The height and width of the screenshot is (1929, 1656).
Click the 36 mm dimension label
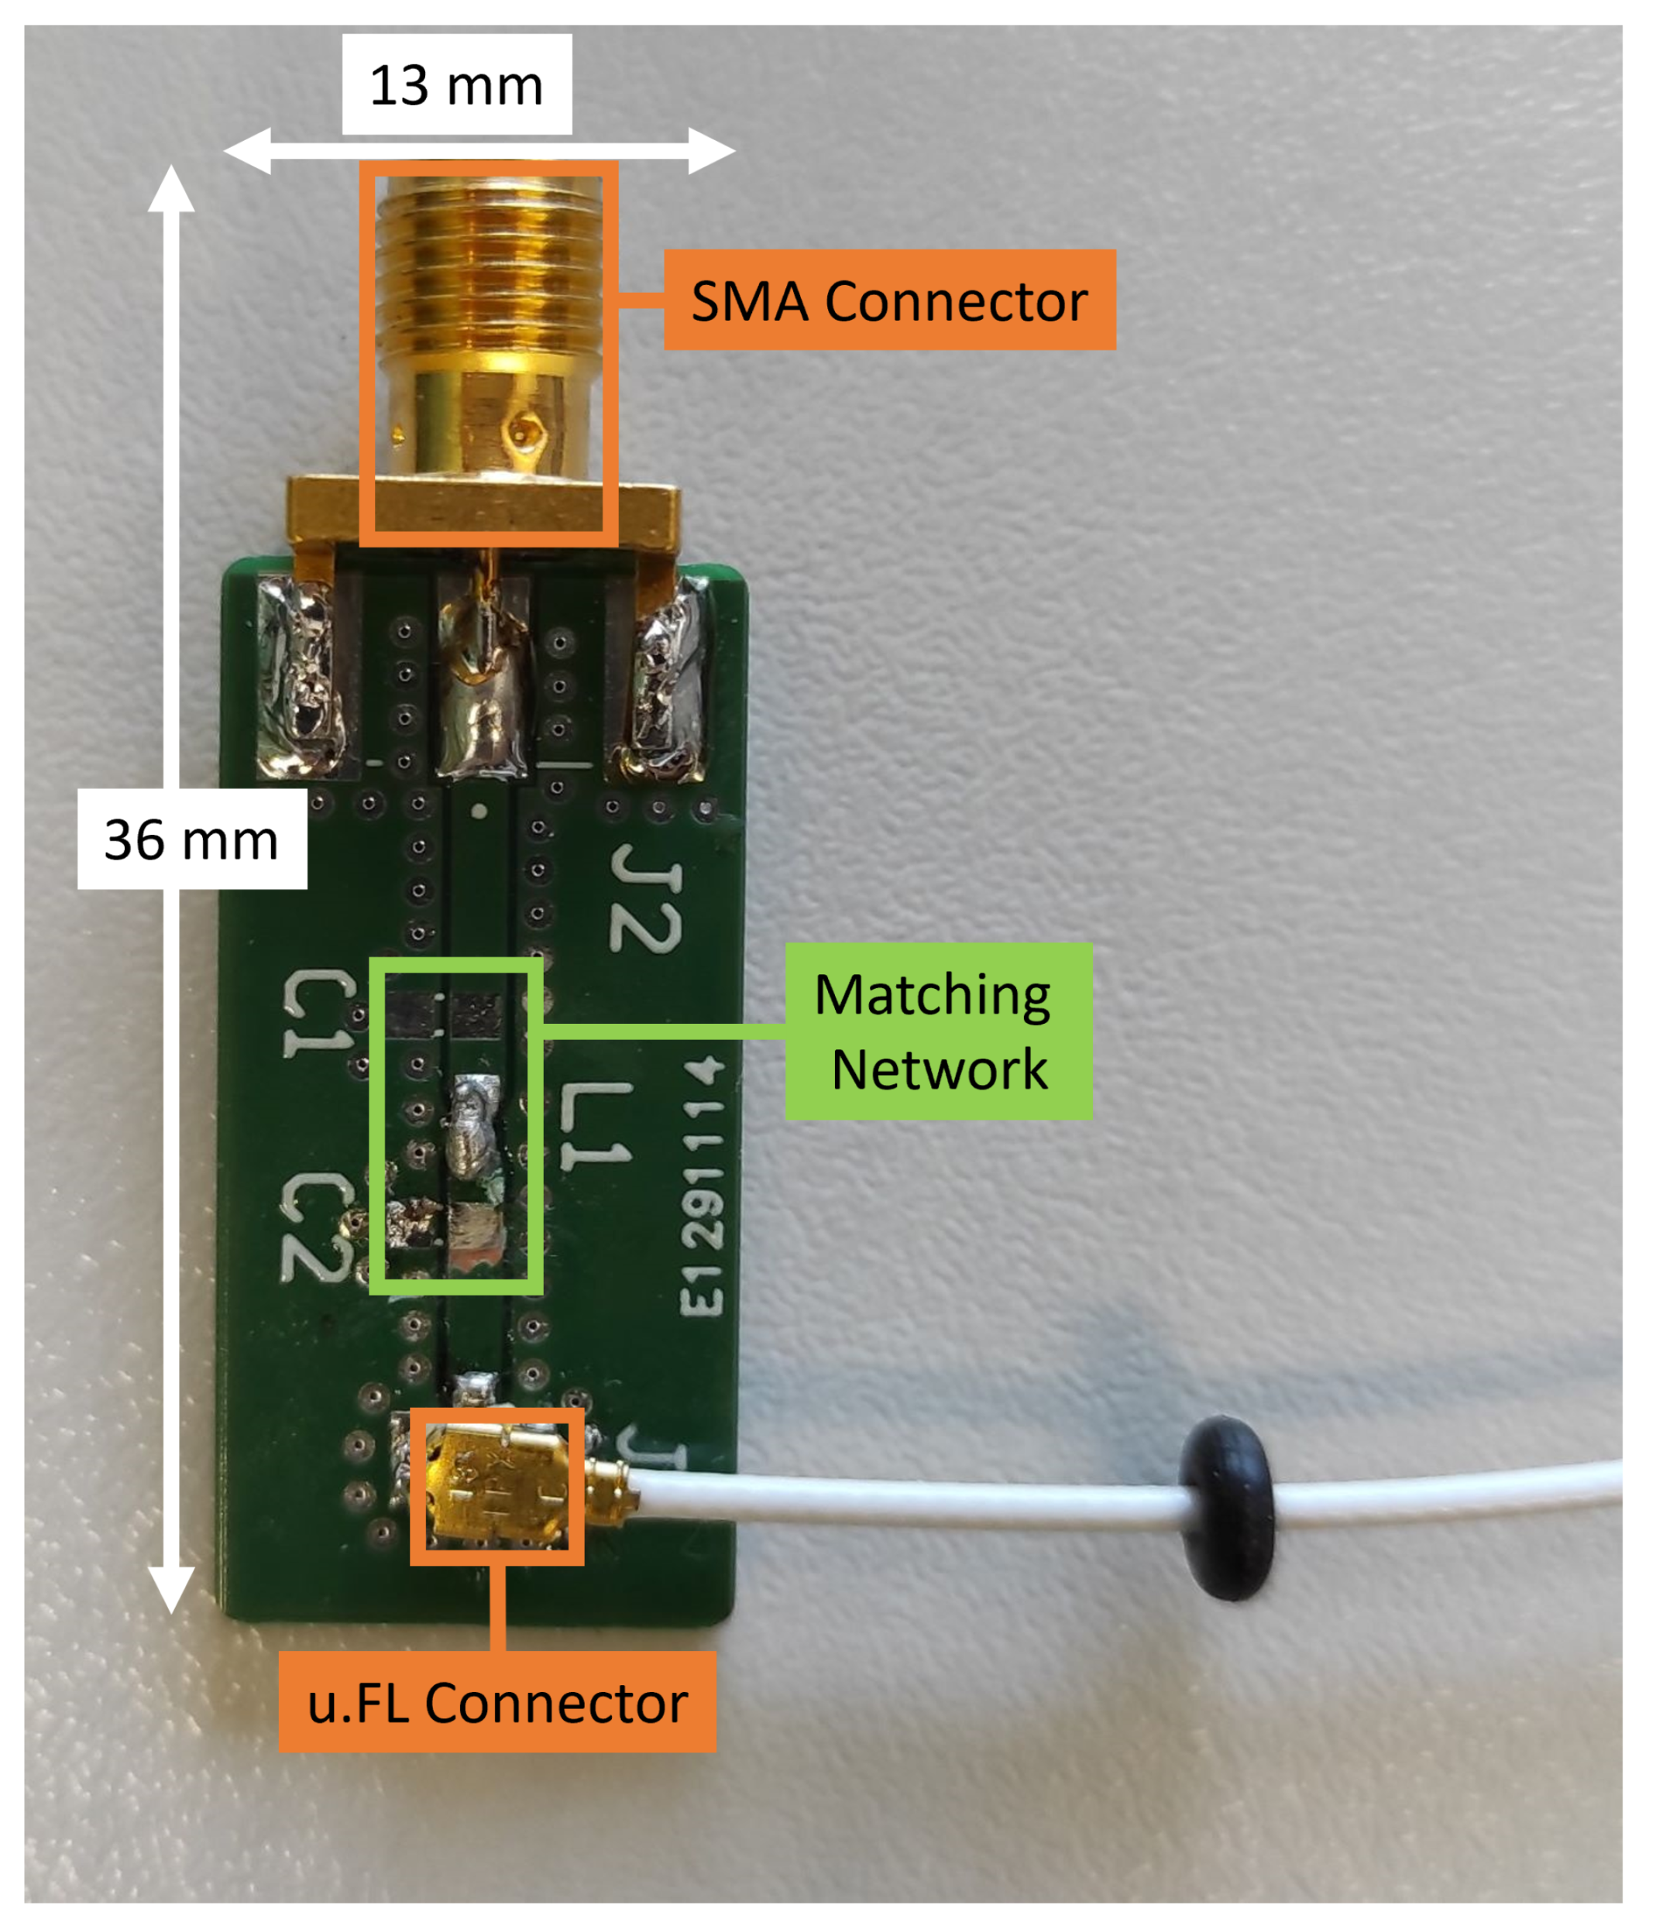pyautogui.click(x=192, y=839)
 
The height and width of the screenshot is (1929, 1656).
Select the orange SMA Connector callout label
pyautogui.click(x=889, y=300)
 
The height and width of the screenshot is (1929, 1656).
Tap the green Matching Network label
pyautogui.click(x=938, y=1031)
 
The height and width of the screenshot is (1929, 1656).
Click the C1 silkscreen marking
pyautogui.click(x=318, y=1014)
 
